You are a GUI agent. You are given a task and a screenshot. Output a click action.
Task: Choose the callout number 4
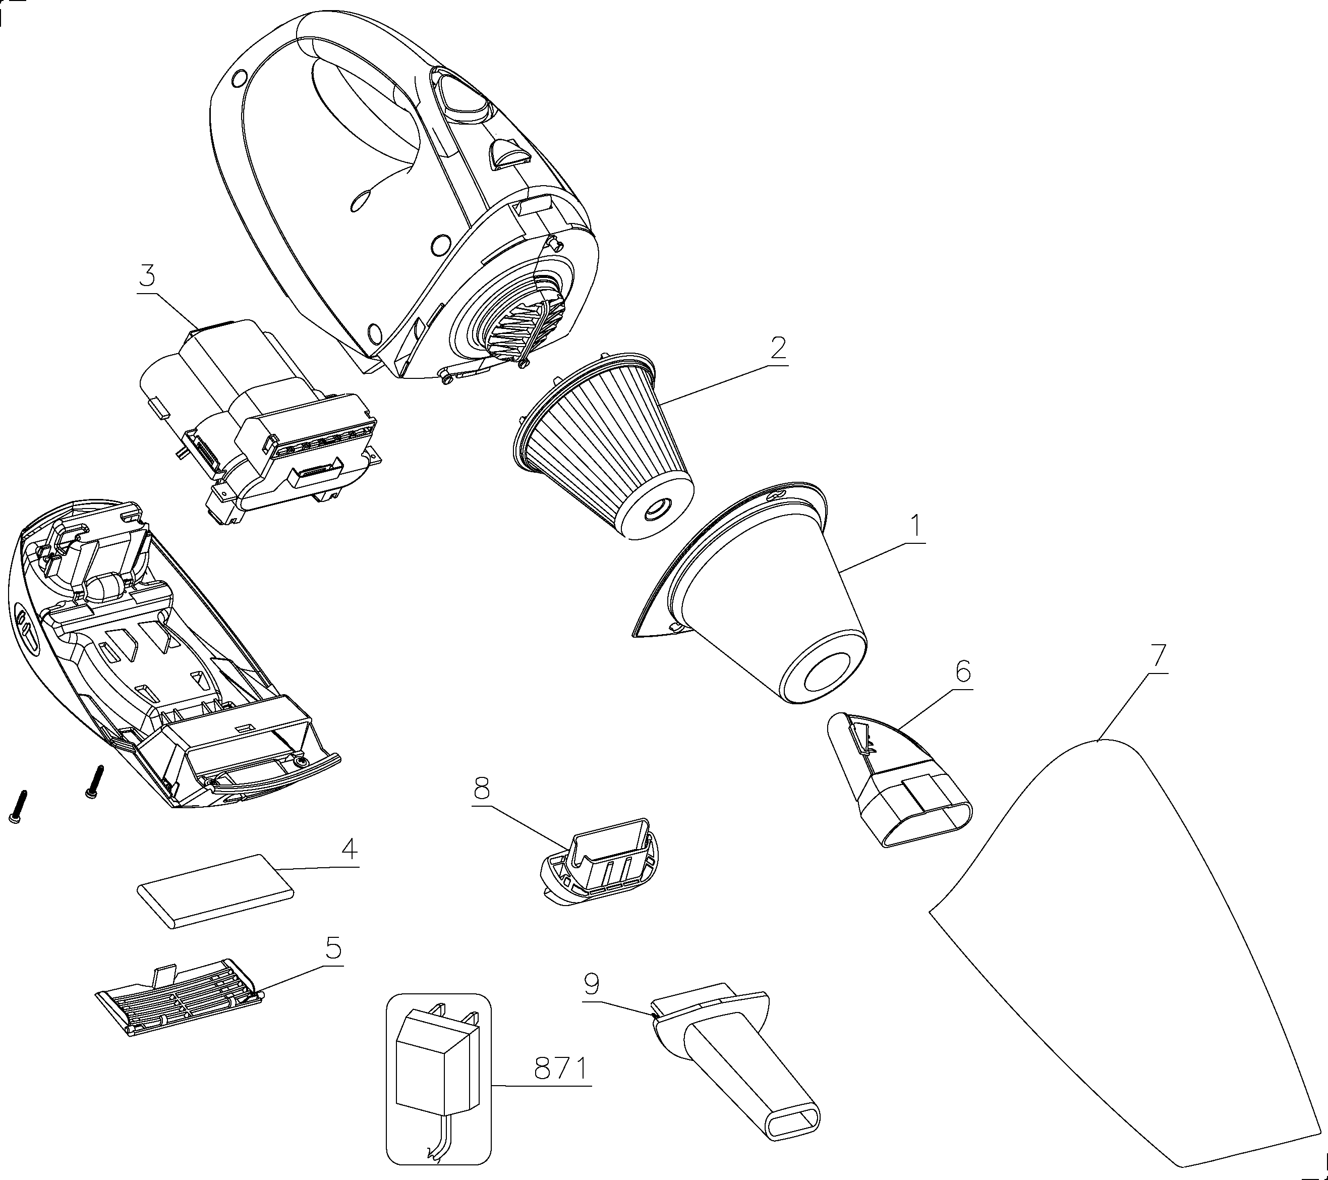coord(349,848)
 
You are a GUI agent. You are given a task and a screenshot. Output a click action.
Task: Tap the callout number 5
coord(333,948)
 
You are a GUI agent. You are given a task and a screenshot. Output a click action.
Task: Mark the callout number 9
coord(591,984)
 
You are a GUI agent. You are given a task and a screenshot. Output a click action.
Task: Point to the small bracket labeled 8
coord(598,858)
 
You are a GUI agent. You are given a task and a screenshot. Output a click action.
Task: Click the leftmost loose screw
coord(18,807)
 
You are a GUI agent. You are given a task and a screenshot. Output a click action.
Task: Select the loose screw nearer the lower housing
coord(95,781)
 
